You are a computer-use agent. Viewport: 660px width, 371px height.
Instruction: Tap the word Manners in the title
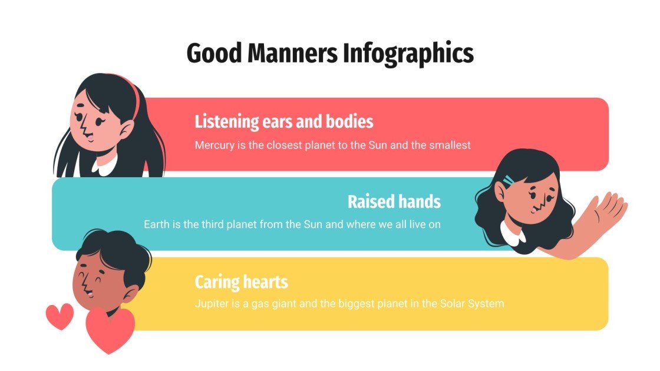[x=291, y=54]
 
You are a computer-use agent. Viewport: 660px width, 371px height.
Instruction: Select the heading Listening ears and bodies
[x=283, y=122]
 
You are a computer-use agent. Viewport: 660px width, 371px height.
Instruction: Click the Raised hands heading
[x=394, y=201]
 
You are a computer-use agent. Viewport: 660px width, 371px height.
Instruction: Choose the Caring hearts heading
[x=241, y=282]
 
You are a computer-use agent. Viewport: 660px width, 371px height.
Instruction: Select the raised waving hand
[x=607, y=211]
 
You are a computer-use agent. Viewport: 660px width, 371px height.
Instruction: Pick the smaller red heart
[x=59, y=316]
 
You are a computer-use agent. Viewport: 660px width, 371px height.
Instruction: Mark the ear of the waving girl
[x=501, y=191]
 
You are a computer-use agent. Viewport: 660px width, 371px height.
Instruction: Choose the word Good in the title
[x=213, y=54]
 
